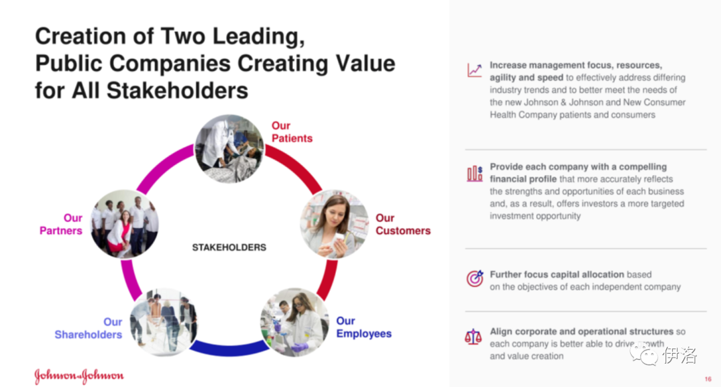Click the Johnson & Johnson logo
click(x=79, y=376)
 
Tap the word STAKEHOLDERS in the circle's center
click(x=229, y=247)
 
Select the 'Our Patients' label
click(x=292, y=132)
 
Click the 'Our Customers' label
click(x=403, y=224)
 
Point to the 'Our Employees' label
click(x=364, y=327)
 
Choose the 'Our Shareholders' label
click(x=88, y=328)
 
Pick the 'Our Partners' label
click(x=61, y=224)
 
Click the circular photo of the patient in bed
click(x=230, y=148)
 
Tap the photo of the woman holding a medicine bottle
click(x=334, y=224)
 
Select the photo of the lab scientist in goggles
click(x=295, y=323)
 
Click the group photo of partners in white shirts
click(x=125, y=224)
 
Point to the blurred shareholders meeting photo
click(x=164, y=323)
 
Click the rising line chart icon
click(x=475, y=70)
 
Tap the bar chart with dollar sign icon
click(x=475, y=174)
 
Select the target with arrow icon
click(x=475, y=279)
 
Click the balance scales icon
click(x=473, y=338)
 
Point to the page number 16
click(x=708, y=379)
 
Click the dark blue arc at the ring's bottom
click(x=229, y=350)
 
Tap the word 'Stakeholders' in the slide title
click(x=177, y=90)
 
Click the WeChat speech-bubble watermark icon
click(x=644, y=355)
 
